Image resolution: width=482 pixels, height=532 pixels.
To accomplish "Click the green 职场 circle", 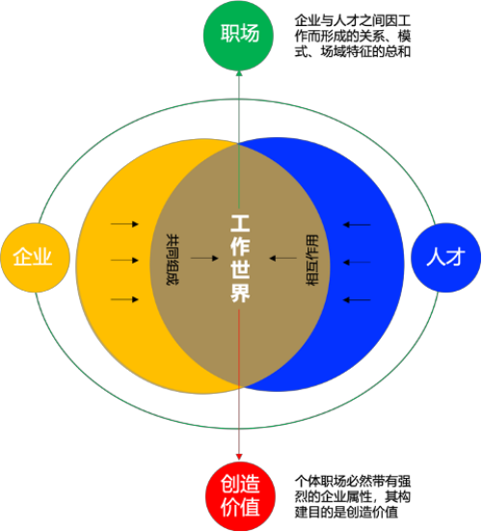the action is pos(238,35).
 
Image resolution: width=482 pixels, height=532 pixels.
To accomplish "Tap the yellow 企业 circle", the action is pos(36,258).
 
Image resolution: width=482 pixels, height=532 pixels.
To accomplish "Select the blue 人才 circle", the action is pos(445,258).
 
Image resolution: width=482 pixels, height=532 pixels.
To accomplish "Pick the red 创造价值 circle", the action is pos(240,496).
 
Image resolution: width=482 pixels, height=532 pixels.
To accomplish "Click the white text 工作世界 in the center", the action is pos(240,258).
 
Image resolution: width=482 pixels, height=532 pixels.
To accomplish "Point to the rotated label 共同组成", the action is pos(173,259).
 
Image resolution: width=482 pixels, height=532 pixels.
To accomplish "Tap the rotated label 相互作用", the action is pos(312,260).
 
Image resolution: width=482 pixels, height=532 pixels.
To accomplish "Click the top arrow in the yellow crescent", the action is pos(124,224).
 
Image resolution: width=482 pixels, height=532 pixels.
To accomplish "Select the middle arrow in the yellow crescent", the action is pos(124,261).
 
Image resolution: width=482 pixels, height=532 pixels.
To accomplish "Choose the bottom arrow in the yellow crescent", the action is pos(124,299).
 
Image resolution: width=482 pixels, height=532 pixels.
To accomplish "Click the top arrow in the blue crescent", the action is pos(357,225).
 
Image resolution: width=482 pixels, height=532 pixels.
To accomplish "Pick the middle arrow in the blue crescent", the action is pos(357,263).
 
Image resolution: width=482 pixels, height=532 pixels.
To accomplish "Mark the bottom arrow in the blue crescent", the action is pos(357,300).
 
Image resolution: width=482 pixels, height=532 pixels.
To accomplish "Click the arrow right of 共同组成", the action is pos(204,258).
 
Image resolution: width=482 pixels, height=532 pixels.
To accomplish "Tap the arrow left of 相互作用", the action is pos(283,258).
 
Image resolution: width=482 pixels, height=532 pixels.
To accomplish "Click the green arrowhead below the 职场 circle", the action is pos(239,73).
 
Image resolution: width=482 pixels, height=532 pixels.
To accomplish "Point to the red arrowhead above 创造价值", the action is pos(239,457).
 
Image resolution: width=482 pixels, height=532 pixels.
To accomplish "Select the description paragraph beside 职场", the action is pos(353,36).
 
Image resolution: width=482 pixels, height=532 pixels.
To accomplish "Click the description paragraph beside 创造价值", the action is pos(353,496).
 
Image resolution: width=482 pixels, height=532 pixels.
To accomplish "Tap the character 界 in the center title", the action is pos(240,293).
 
